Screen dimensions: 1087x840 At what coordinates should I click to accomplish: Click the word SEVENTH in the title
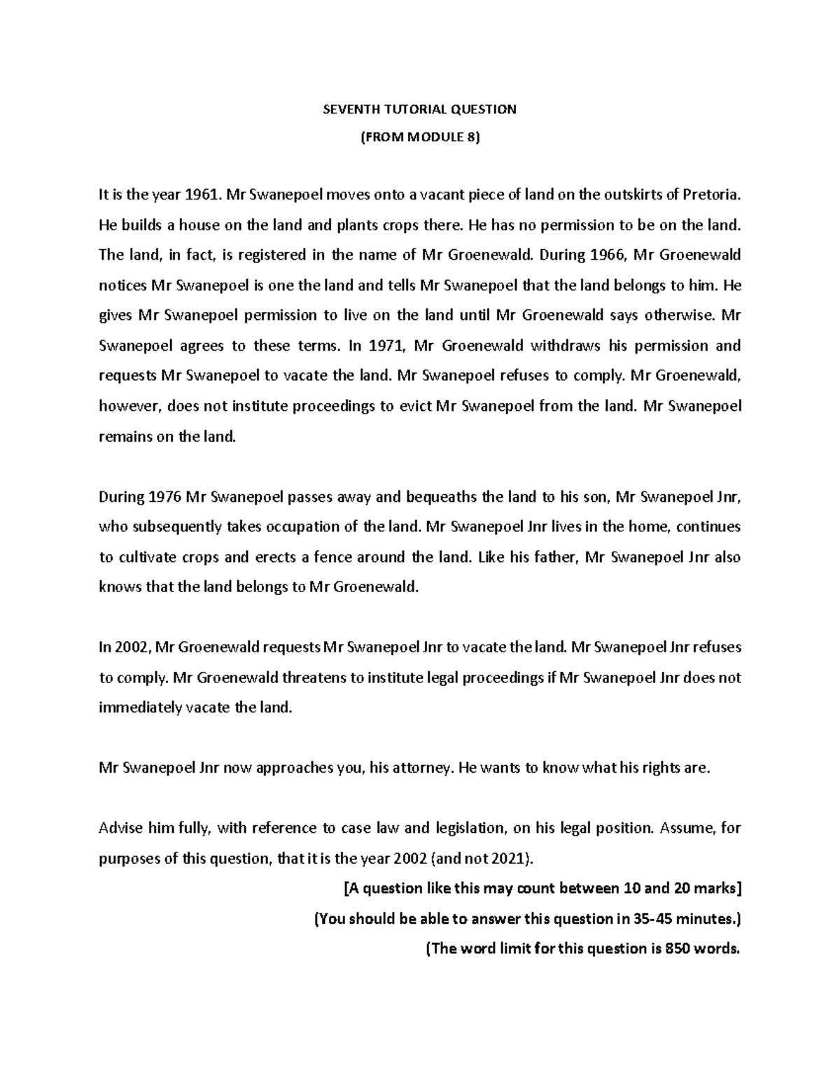346,109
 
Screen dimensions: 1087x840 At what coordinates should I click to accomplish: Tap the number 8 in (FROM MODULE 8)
472,138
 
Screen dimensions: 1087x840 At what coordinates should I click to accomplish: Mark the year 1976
167,497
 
